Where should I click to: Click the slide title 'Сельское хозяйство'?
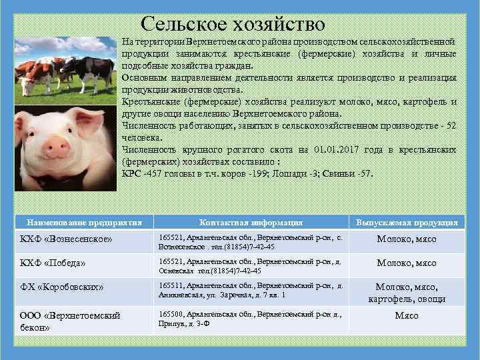coord(233,24)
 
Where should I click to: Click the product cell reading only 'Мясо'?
coord(407,315)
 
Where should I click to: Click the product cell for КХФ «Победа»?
coord(407,263)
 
